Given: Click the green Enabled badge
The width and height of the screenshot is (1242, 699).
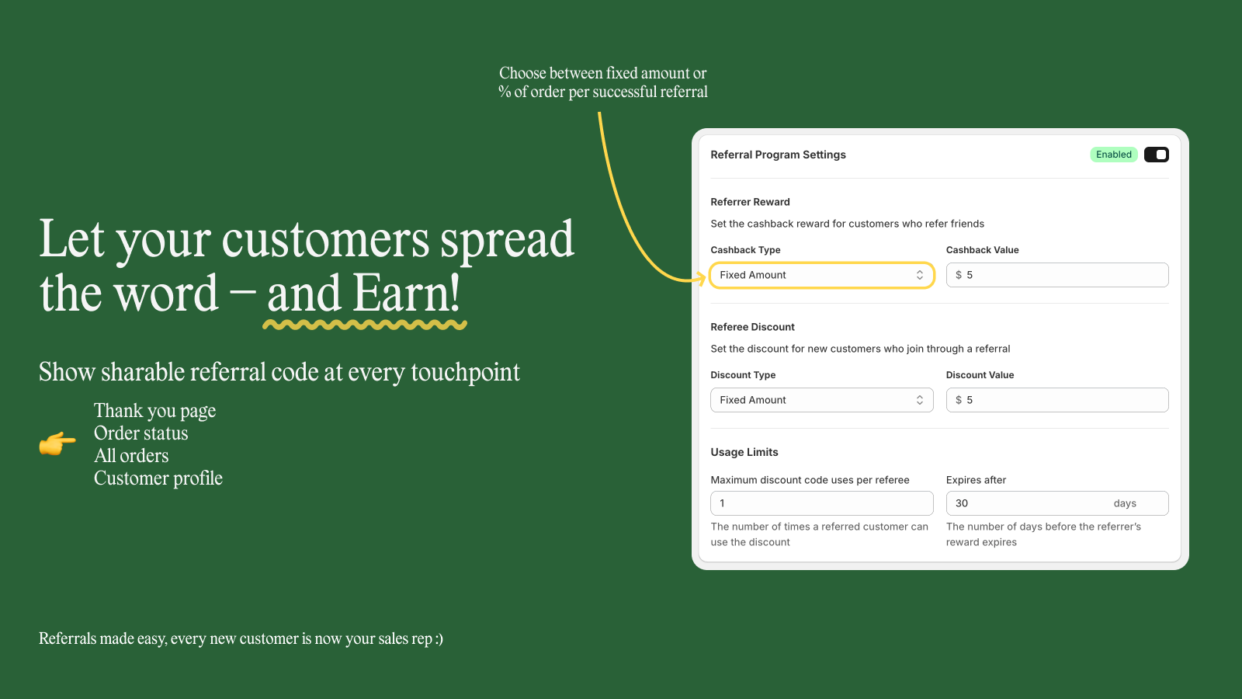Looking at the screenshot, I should [1113, 155].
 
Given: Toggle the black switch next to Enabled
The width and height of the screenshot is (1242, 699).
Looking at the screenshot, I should [1156, 155].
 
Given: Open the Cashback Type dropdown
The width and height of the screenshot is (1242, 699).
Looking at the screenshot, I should [821, 275].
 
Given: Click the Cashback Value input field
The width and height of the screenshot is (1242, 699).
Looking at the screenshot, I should [1056, 275].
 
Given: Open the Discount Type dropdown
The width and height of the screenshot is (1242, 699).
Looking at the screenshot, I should [821, 400].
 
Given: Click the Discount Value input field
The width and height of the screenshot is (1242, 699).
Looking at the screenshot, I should [1056, 400].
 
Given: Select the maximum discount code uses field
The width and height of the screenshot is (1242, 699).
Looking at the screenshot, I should [821, 503].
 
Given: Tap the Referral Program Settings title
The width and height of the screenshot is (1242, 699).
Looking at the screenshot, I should [778, 155].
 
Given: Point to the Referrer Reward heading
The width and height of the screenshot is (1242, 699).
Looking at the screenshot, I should [750, 202].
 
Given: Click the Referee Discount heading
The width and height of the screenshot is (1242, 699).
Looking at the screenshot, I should [752, 327].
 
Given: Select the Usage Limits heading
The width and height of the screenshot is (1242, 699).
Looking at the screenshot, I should [744, 452].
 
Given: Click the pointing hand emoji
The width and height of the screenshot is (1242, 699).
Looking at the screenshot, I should [57, 443].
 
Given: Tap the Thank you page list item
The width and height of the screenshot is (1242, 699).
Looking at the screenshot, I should [154, 411].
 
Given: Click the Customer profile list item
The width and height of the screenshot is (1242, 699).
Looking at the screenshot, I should [158, 478].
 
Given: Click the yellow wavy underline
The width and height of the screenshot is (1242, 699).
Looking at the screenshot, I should [365, 325].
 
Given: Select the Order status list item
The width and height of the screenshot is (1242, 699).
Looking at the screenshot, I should [141, 433].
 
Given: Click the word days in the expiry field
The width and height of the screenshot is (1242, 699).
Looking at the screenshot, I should [1124, 503].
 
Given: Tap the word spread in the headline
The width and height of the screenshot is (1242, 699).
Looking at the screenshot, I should [507, 239].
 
